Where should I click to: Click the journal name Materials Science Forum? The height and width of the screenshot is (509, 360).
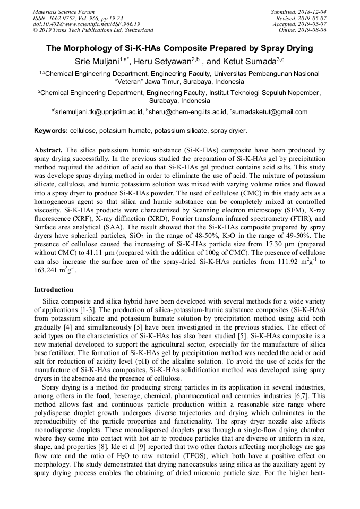[x=64, y=11]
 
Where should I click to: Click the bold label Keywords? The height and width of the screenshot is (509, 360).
[x=50, y=131]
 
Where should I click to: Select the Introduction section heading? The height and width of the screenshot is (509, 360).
[x=54, y=290]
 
